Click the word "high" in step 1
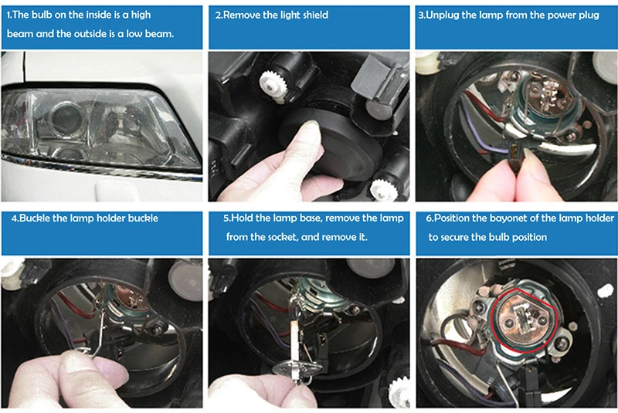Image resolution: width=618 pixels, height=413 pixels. tap(141, 15)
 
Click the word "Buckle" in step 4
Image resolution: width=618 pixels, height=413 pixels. tap(33, 218)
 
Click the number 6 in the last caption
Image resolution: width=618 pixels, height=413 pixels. tap(429, 218)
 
